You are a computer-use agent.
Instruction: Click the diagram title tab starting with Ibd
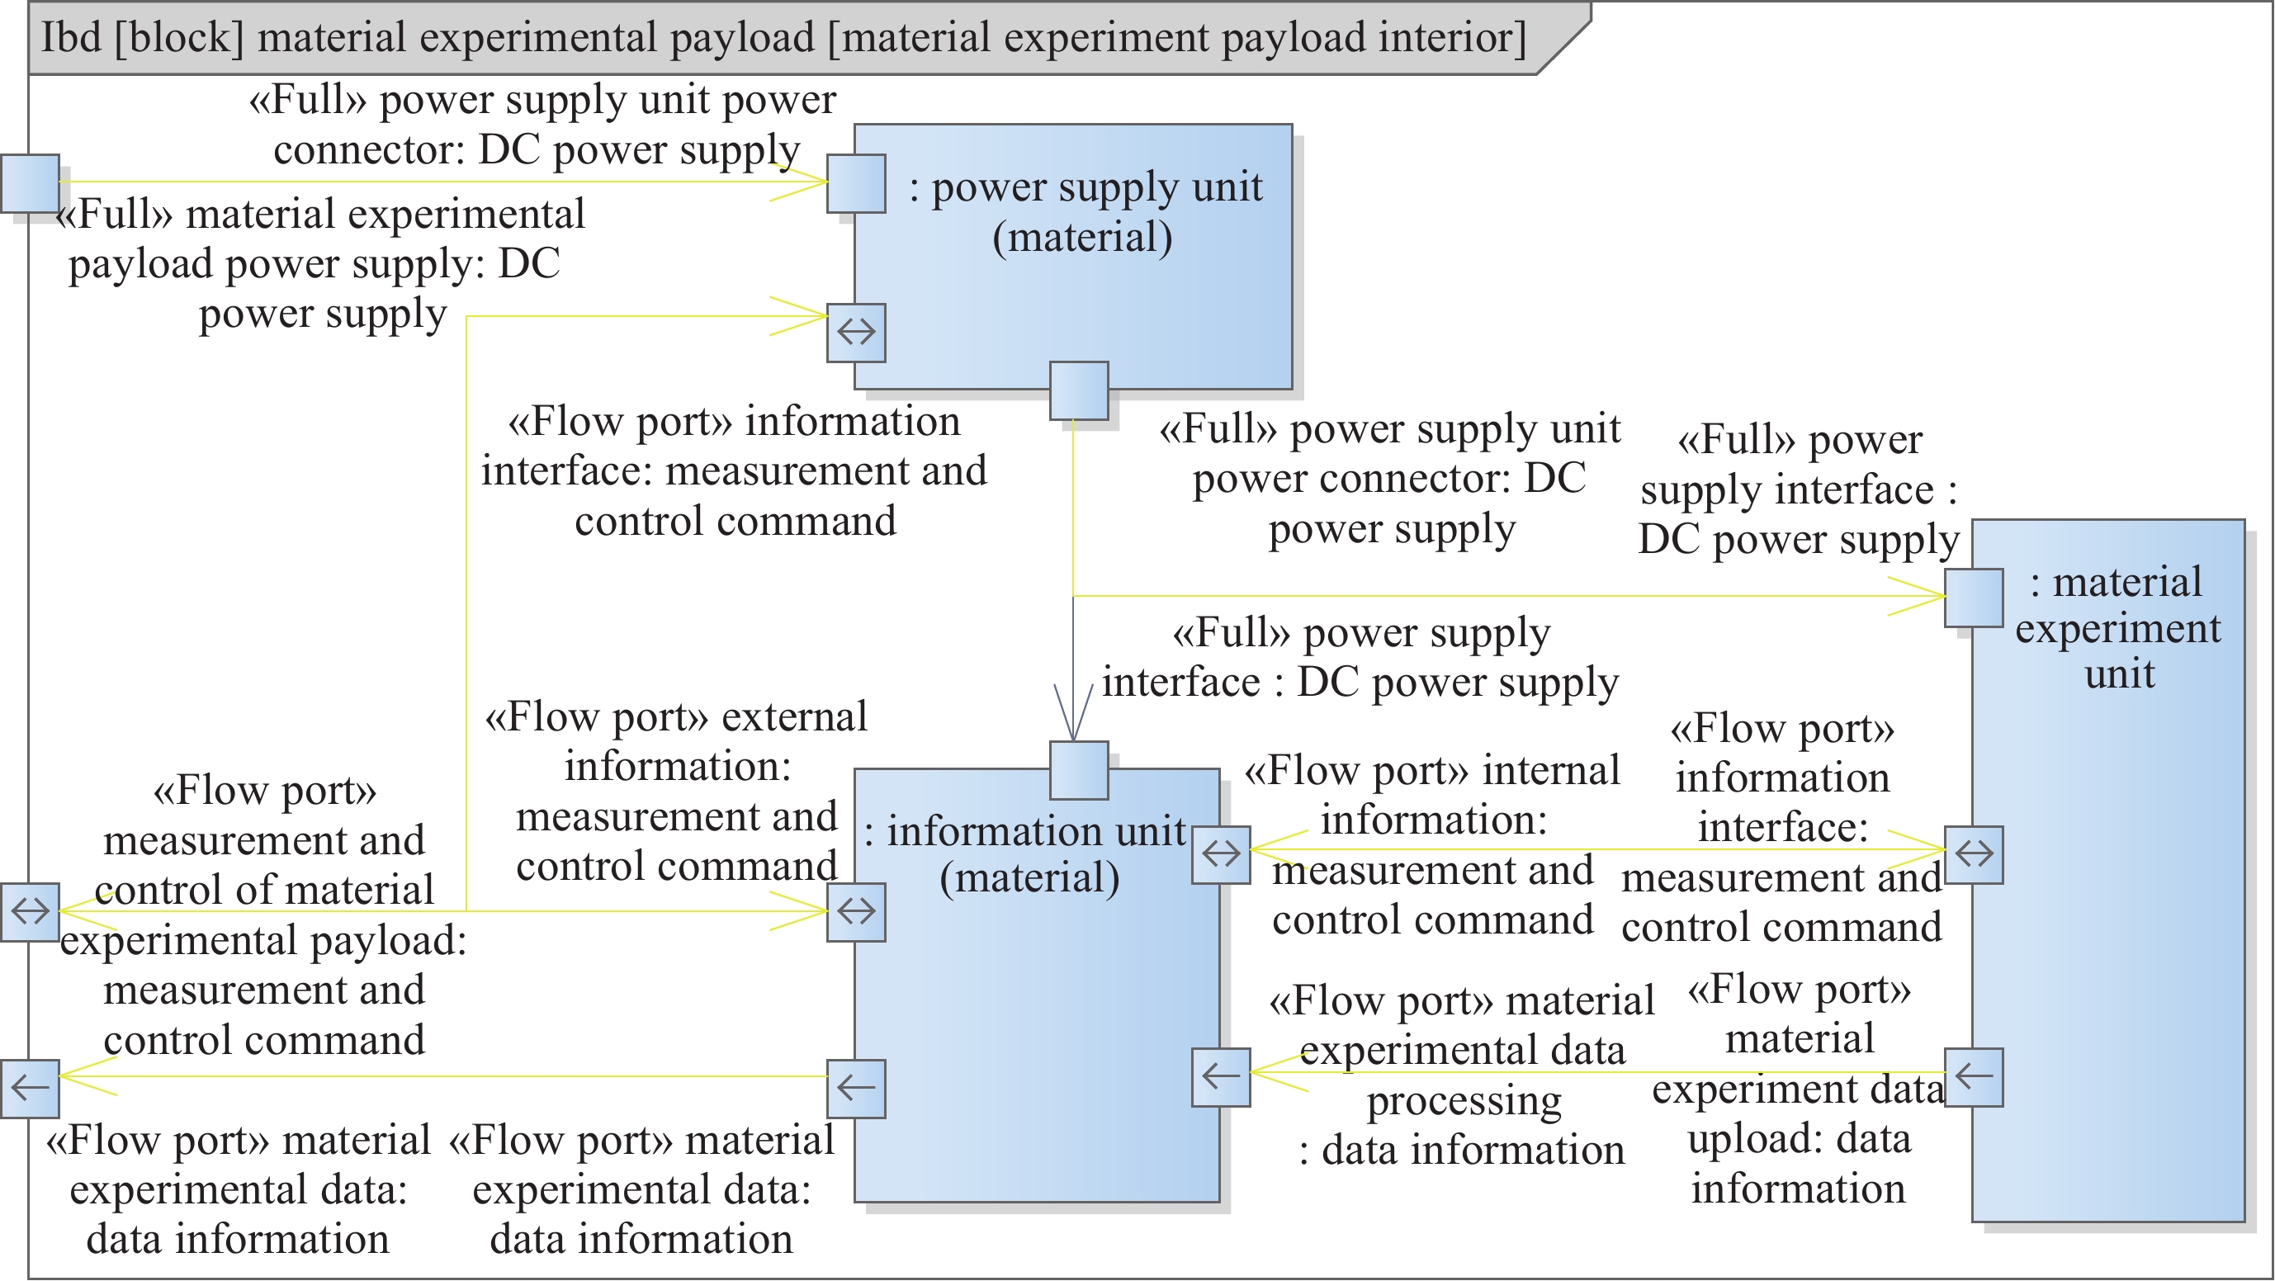coord(783,38)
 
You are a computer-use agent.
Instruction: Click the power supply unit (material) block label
coord(1085,212)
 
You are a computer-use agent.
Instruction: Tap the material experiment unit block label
coord(2118,627)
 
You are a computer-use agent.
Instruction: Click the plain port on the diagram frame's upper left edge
coord(30,183)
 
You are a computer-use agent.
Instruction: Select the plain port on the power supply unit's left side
coord(856,183)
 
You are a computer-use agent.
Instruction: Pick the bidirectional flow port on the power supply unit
coord(856,333)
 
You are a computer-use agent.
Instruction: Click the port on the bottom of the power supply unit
coord(1079,390)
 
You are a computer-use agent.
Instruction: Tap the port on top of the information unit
coord(1079,770)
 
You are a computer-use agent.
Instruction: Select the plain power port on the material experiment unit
coord(1974,598)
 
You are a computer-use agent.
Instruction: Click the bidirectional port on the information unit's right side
coord(1221,854)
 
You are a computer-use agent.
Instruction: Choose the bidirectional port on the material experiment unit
coord(1974,854)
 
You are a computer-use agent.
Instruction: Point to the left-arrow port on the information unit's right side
coord(1221,1077)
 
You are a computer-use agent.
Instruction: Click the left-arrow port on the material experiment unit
coord(1974,1077)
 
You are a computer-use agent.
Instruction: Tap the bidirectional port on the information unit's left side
coord(856,912)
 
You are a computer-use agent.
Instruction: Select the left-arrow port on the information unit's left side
coord(856,1089)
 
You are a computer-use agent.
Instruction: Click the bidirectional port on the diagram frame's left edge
coord(30,912)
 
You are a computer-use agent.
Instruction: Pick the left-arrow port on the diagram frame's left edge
coord(30,1089)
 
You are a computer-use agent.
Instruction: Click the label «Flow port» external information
coord(677,791)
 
